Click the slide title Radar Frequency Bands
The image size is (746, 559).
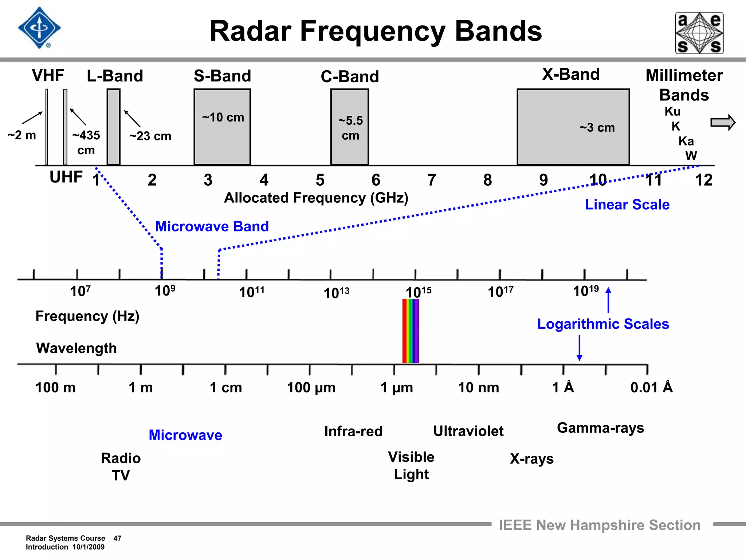click(x=376, y=31)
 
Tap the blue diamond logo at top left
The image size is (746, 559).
click(x=39, y=28)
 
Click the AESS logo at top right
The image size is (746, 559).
click(x=699, y=33)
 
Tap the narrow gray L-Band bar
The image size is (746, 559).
click(x=113, y=127)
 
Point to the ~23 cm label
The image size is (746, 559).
click(x=150, y=136)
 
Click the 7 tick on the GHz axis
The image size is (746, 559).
click(x=432, y=180)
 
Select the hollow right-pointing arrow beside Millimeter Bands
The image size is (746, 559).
click(x=723, y=122)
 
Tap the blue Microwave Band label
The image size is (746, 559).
click(x=212, y=226)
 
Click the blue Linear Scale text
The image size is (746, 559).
click(x=627, y=205)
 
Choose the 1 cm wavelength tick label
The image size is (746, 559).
click(x=226, y=387)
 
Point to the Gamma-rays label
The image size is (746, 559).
click(x=600, y=428)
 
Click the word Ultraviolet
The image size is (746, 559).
click(x=468, y=431)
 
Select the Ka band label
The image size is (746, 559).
click(x=686, y=141)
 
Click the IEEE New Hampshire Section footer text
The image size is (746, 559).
click(x=600, y=525)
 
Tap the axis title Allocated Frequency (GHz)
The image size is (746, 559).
click(x=316, y=198)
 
